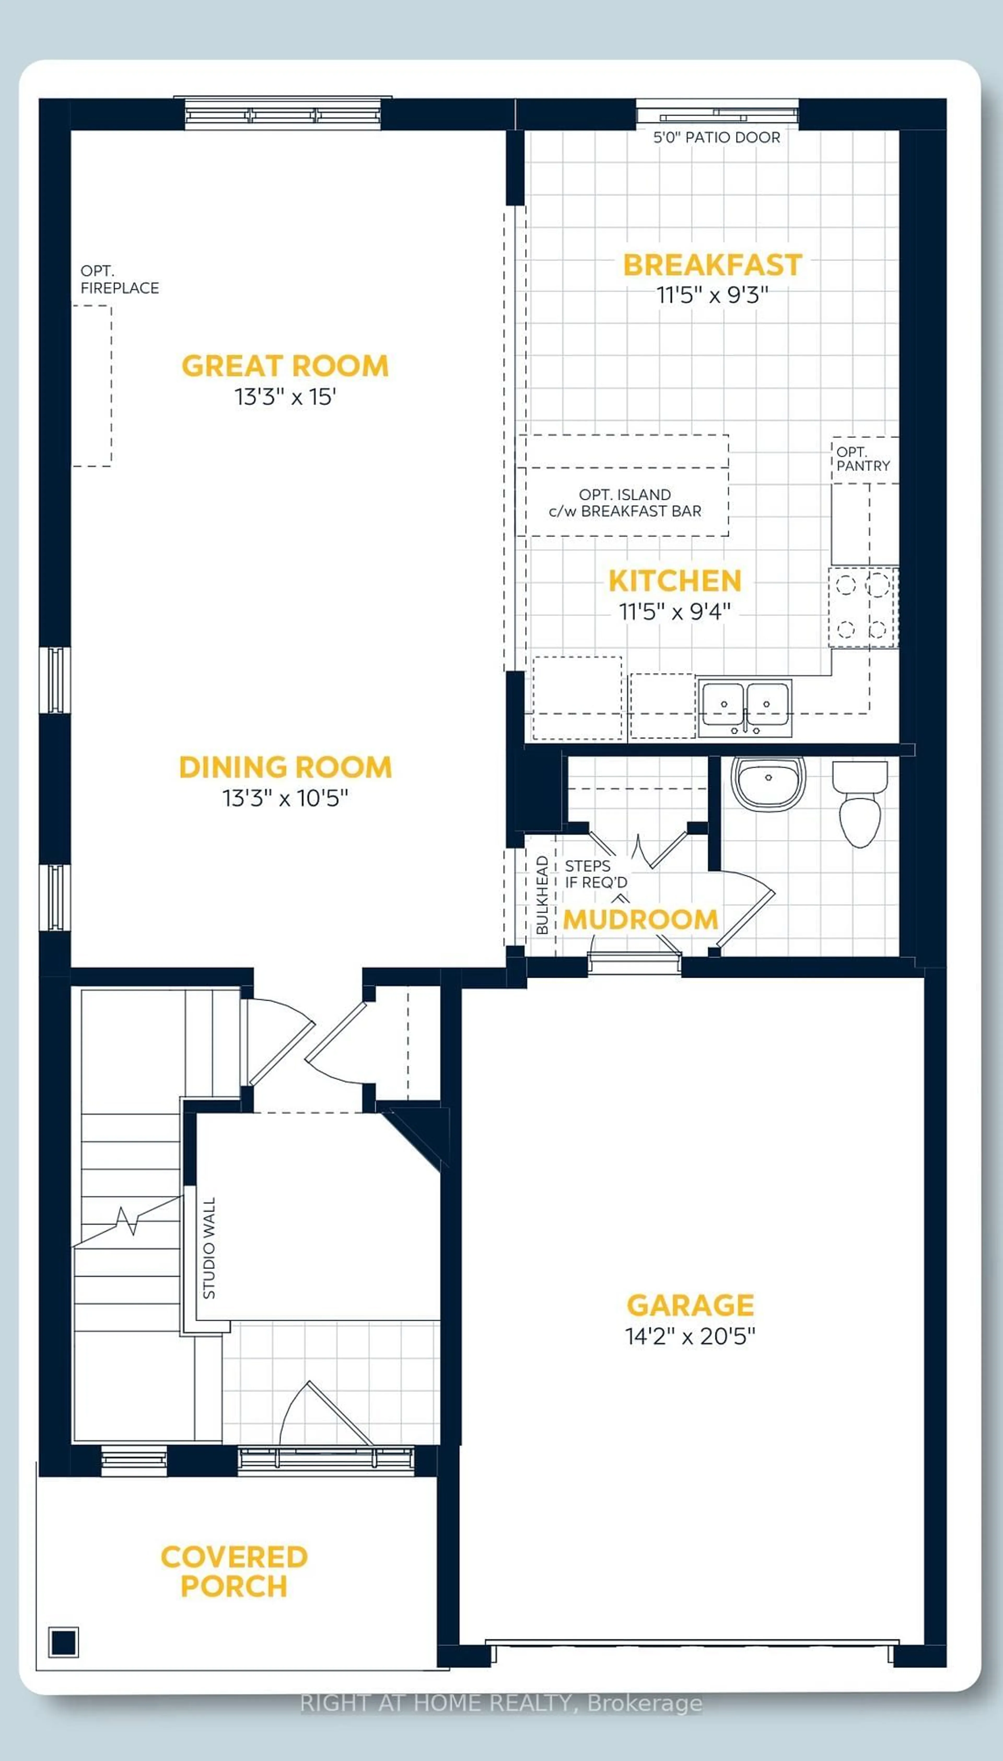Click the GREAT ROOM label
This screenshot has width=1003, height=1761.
[x=284, y=366]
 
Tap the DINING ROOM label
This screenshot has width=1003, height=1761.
[x=285, y=767]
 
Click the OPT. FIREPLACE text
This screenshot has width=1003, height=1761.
[x=119, y=280]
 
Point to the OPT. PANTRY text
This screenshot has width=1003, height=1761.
[x=862, y=459]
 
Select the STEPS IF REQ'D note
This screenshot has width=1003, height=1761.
[x=596, y=874]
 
